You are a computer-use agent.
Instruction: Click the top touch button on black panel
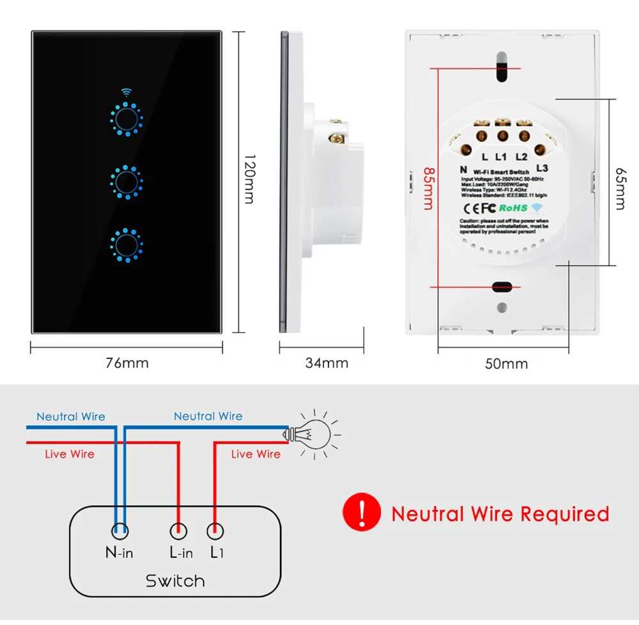[127, 119]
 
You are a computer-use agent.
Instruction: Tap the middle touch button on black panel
[127, 181]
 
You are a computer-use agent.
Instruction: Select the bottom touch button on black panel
[127, 243]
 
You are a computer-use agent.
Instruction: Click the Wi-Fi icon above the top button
[127, 93]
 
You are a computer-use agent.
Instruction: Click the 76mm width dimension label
[127, 363]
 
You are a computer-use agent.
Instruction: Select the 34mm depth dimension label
[327, 363]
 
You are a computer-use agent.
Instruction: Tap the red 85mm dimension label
[426, 188]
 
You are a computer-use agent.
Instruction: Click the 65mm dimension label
[619, 188]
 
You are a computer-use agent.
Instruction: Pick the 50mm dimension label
[506, 363]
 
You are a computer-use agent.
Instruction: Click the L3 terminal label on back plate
[543, 168]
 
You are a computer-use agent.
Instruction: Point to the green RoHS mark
[512, 207]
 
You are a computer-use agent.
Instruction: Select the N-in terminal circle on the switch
[119, 530]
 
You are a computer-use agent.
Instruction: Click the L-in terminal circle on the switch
[178, 530]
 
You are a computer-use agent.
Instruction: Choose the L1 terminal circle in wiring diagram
[216, 530]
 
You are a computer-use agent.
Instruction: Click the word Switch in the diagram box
[175, 580]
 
